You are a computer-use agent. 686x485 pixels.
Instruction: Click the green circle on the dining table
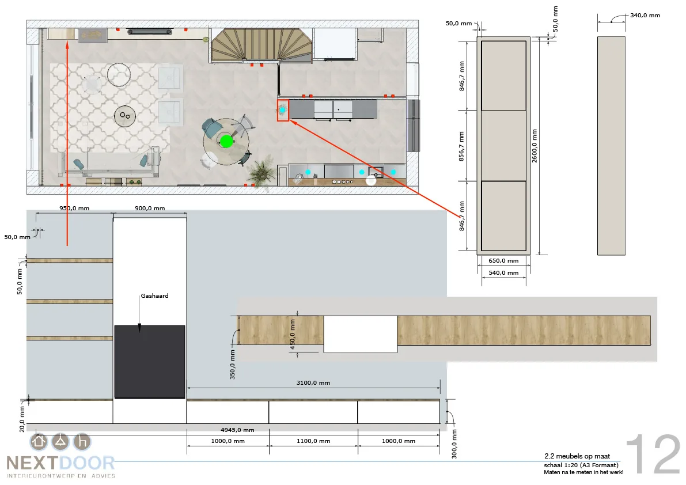point(226,141)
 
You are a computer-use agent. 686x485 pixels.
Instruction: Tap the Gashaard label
point(154,295)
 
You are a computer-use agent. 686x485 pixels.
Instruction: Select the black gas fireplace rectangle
point(150,362)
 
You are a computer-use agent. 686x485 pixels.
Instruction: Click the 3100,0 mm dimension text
point(313,382)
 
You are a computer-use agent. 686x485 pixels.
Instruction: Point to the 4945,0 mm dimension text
point(237,430)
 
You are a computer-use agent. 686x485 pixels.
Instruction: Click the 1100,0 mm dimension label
point(313,441)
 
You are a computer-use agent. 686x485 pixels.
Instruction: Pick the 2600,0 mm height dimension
point(535,146)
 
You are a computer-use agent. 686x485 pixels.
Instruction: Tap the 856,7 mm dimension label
point(461,146)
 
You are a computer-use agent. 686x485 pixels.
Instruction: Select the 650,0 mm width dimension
point(503,261)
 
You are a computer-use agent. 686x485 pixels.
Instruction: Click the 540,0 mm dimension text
point(503,273)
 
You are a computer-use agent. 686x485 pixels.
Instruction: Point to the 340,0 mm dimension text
point(645,16)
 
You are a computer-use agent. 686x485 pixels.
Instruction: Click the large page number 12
point(653,454)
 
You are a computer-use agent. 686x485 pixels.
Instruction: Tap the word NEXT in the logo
point(32,463)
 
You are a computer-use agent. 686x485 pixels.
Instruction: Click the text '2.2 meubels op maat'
point(577,456)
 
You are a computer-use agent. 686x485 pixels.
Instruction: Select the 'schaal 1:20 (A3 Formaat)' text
point(581,465)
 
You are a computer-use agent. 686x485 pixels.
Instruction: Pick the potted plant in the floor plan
point(261,174)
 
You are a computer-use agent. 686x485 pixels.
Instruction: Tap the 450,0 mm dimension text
point(293,334)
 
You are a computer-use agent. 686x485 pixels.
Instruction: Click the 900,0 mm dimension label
point(150,208)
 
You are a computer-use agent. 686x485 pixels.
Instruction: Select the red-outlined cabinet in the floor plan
point(283,110)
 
